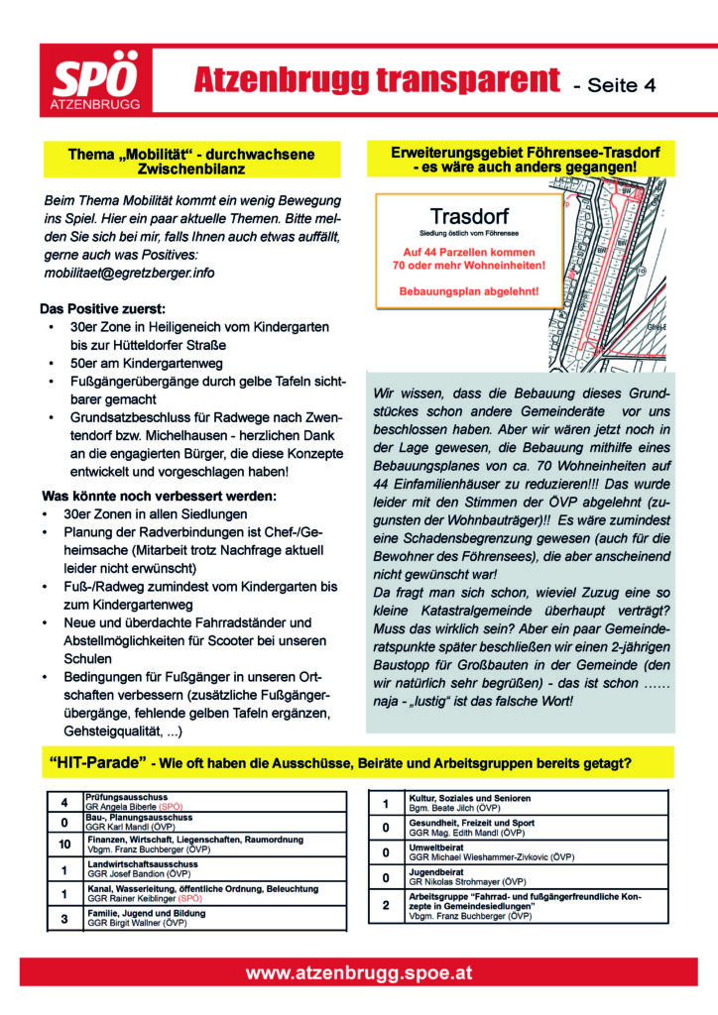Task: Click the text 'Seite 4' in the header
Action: [x=615, y=85]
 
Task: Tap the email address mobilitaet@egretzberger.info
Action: [x=129, y=273]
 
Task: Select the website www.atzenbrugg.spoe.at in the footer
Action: [x=359, y=974]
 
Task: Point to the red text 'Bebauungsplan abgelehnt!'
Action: [x=469, y=291]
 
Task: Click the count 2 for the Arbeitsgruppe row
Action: [x=386, y=905]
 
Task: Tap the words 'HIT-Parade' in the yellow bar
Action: [x=96, y=763]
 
